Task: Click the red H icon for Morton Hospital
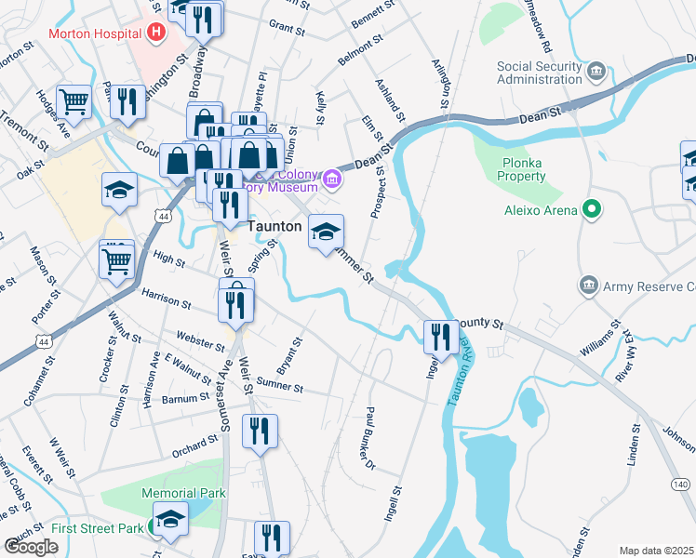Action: (x=156, y=33)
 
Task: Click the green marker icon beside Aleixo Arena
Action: (x=589, y=208)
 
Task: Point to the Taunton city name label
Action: (x=275, y=226)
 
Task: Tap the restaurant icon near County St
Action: (x=440, y=336)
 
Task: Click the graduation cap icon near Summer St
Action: (x=326, y=232)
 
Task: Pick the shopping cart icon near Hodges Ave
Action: (x=74, y=101)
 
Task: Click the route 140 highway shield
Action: (x=681, y=485)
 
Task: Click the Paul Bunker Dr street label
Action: (x=369, y=438)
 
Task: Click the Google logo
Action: (x=31, y=546)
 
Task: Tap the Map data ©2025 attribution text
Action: (x=656, y=551)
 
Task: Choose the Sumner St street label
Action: (x=280, y=382)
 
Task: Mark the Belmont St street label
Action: (x=361, y=52)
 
